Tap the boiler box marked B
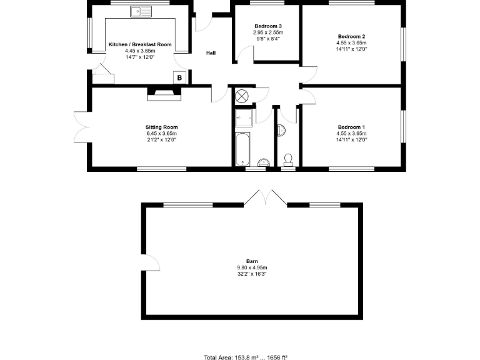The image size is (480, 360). click(x=180, y=77)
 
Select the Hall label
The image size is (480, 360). click(x=211, y=53)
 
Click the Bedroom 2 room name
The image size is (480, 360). click(x=351, y=37)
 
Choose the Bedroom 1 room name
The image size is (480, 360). click(x=351, y=127)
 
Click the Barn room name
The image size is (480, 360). click(x=252, y=262)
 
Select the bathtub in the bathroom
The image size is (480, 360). click(x=244, y=149)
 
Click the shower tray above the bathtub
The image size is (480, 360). click(x=244, y=117)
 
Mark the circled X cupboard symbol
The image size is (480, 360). click(x=242, y=96)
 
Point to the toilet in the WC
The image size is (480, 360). click(x=288, y=158)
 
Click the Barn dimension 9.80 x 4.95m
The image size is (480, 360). click(x=252, y=268)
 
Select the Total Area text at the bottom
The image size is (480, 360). click(x=246, y=357)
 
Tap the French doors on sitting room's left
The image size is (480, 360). click(x=81, y=128)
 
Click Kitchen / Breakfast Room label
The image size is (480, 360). click(x=140, y=44)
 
